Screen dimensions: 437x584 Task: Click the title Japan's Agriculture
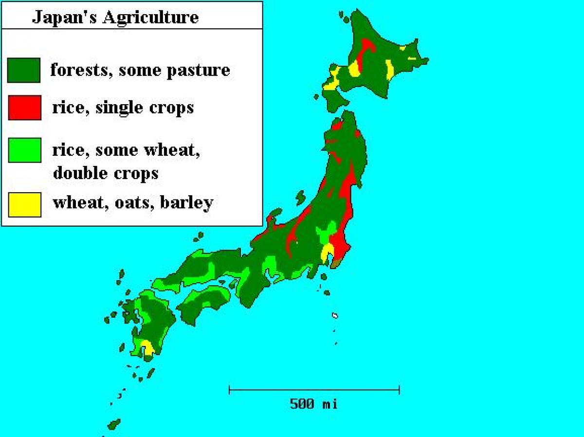pos(115,18)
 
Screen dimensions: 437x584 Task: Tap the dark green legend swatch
pos(24,70)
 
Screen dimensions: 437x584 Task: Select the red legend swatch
pos(24,108)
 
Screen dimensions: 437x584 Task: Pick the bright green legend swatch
pos(24,150)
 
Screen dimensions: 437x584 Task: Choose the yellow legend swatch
pos(24,204)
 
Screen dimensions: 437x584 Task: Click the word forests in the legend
pos(81,70)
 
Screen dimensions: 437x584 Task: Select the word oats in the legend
pos(130,202)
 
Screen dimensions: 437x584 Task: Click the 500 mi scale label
pos(313,403)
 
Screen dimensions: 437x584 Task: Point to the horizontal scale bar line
pos(314,389)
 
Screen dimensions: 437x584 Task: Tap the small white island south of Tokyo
pos(335,315)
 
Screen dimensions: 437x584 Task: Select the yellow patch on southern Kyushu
pos(146,347)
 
